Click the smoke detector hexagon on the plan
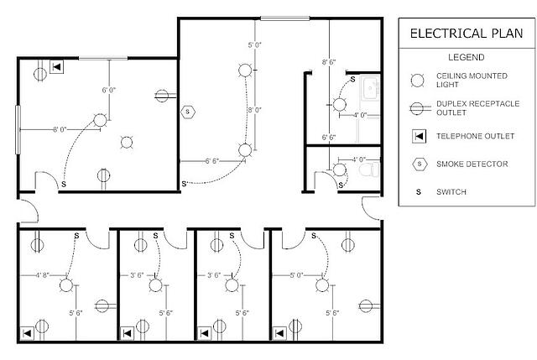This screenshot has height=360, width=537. pos(188,112)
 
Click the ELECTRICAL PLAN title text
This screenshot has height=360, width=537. pos(467,34)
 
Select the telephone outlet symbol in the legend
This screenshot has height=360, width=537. pos(420,136)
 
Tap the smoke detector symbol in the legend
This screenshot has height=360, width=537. pos(420,164)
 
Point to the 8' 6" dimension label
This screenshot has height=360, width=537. pos(329,62)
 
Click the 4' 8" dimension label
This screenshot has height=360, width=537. pos(43,274)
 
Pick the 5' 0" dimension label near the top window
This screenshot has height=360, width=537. pos(255,44)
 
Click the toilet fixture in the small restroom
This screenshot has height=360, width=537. pos(369,170)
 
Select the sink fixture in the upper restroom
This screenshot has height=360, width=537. pos(371,88)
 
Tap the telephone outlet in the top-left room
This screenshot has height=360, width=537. pos(56,67)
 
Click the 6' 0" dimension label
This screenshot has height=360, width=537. pos(109,90)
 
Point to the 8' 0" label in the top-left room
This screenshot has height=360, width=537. pos(60,129)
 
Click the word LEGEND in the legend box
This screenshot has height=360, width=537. pos(467,57)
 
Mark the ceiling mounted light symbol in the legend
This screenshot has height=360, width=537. pos(417,81)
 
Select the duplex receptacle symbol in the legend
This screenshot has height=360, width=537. pos(420,108)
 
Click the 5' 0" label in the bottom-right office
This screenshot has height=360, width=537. pos(296,274)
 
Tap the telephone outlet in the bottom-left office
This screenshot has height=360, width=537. pos(27,333)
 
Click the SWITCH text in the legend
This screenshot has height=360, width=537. pos(451,192)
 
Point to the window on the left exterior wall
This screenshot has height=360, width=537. pos(18,129)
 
